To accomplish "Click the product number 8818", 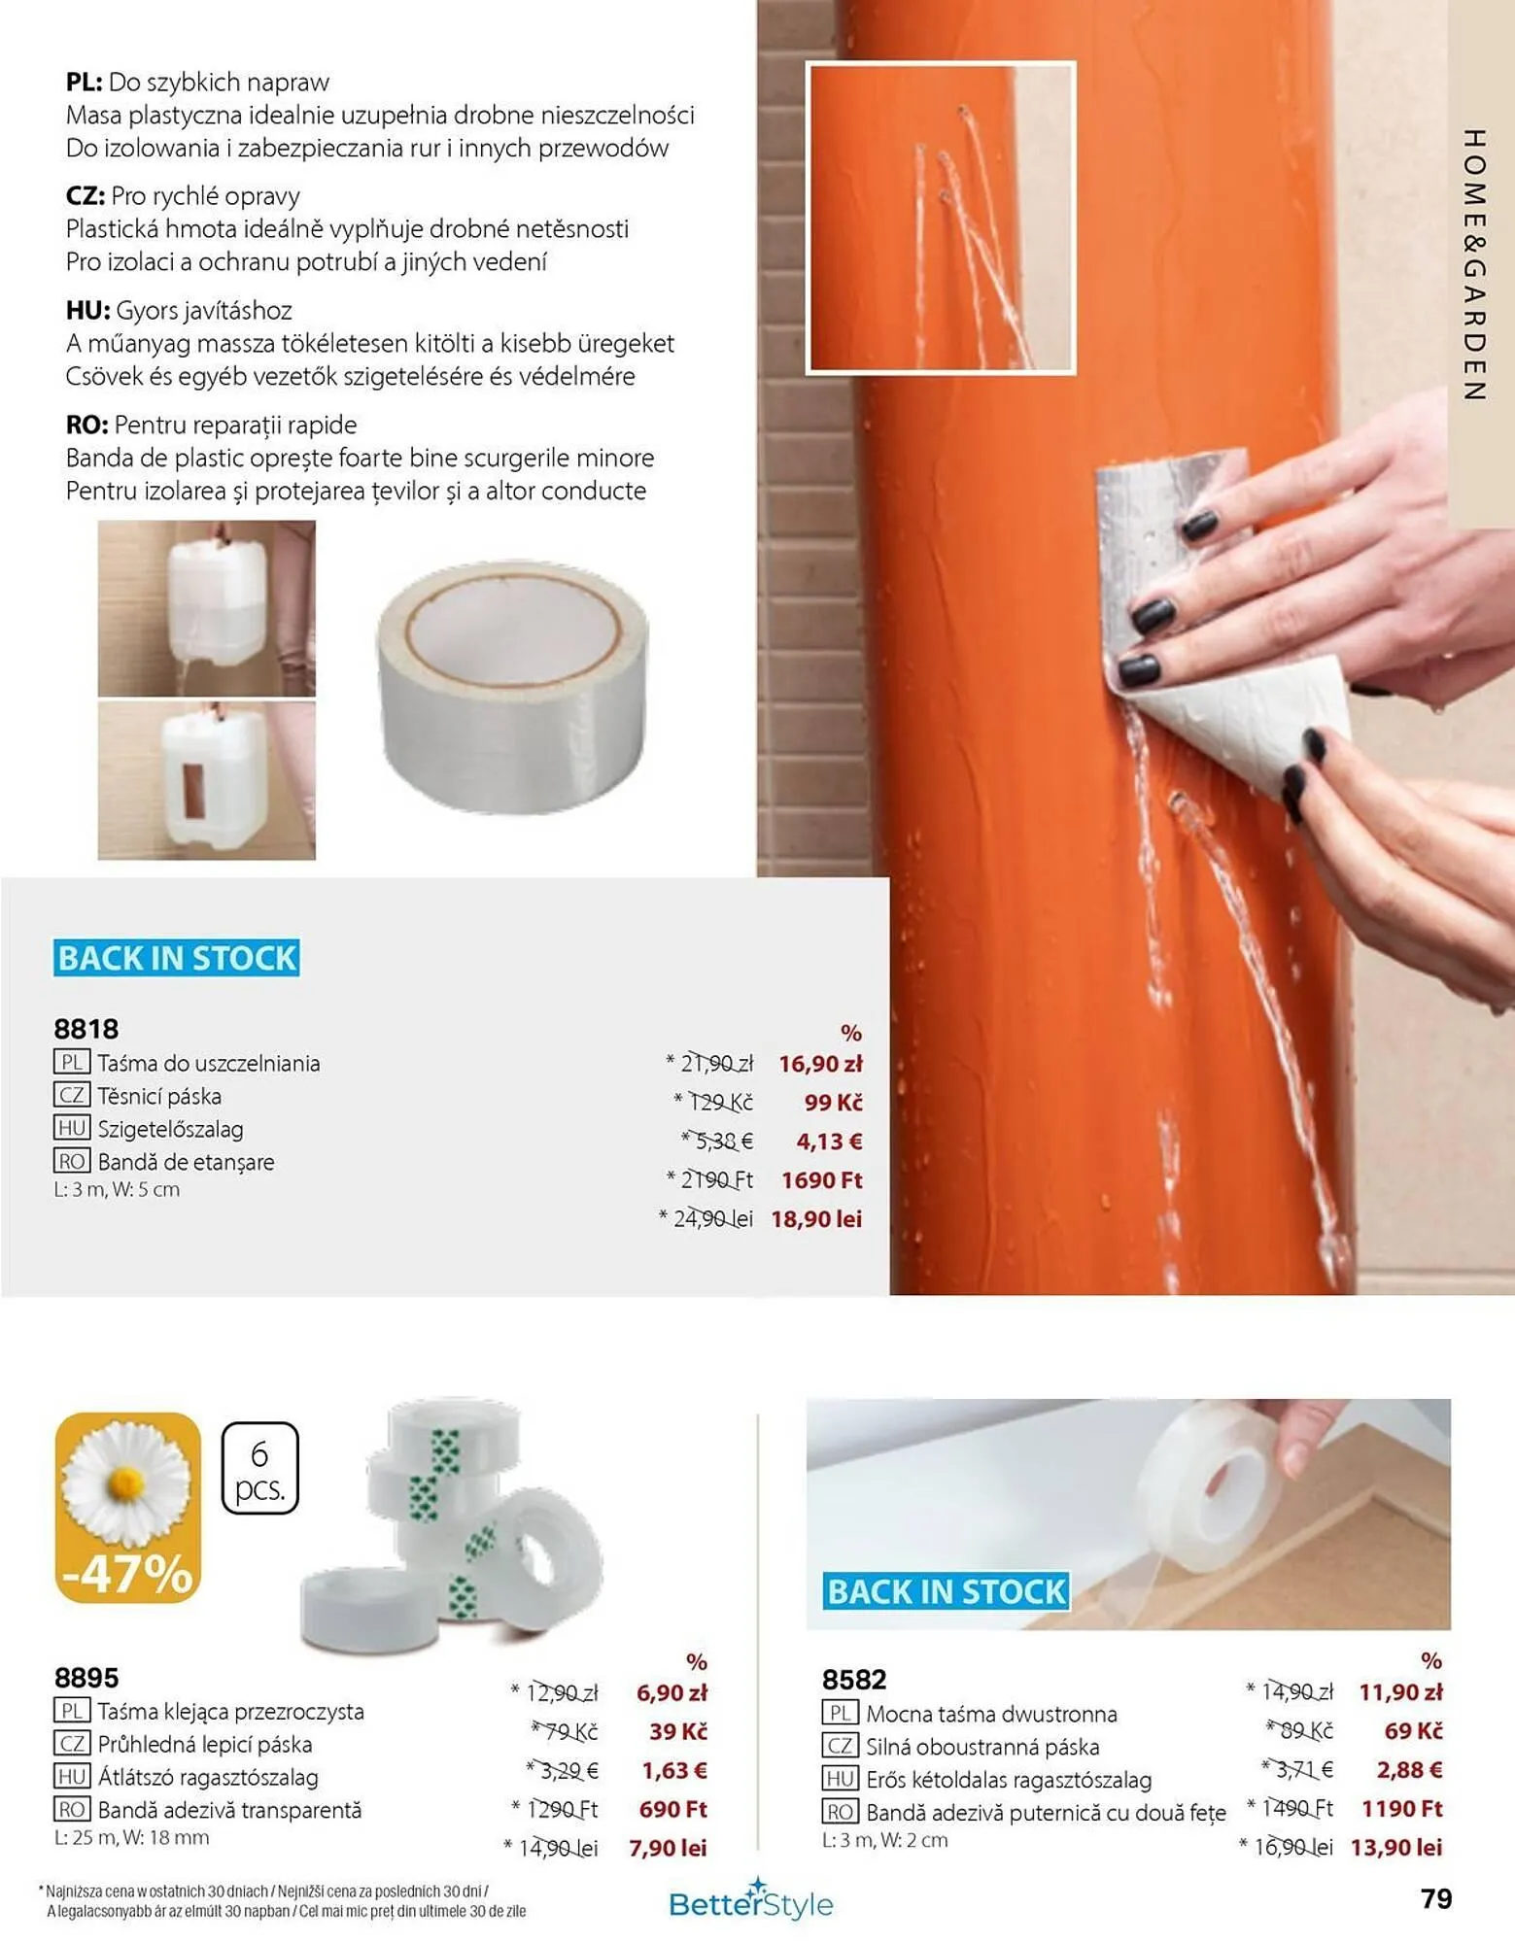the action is tap(86, 1029).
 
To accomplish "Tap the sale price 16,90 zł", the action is tap(820, 1064).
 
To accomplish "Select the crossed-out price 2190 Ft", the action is tap(717, 1179).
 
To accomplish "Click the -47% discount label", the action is tap(127, 1574).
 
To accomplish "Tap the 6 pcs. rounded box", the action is tap(259, 1468).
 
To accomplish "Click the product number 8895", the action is tap(86, 1678).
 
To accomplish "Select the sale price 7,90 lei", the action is tap(668, 1848).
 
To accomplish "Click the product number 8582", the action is tap(854, 1680).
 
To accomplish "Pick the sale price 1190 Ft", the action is tap(1401, 1808).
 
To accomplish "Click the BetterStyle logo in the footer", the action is tap(751, 1901).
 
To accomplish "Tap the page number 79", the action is tap(1436, 1898).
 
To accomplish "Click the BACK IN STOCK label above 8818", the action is tap(176, 958).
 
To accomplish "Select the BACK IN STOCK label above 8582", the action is tap(947, 1591).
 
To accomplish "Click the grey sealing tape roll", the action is tap(512, 685).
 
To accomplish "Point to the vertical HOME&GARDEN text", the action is tap(1474, 264).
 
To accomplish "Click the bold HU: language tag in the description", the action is tap(87, 311).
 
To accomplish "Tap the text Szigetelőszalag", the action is tap(170, 1129).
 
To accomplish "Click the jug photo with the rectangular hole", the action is tap(207, 781).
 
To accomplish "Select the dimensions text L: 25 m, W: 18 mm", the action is tap(131, 1838).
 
